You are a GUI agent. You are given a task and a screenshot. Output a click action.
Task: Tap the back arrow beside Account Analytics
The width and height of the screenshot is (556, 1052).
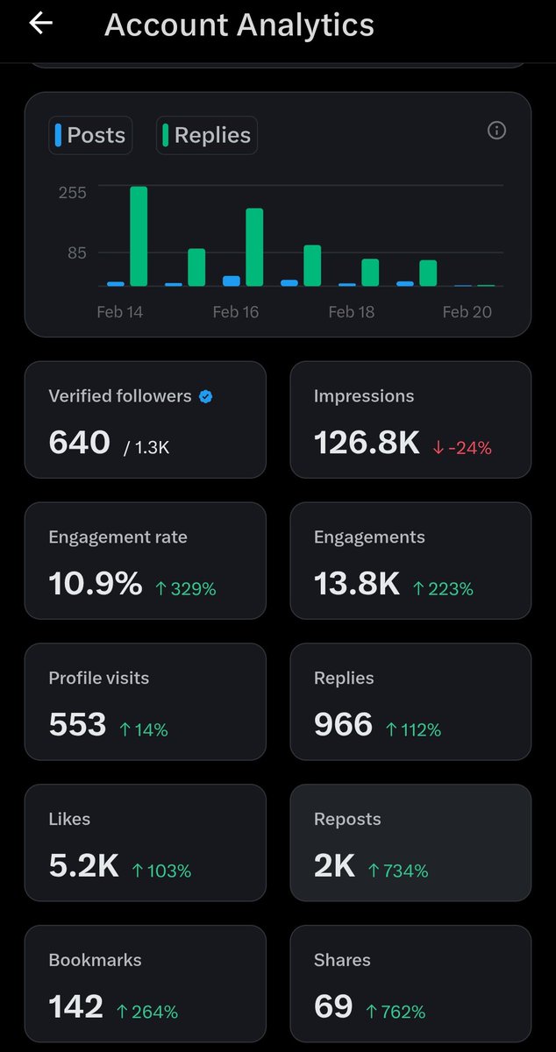pos(40,24)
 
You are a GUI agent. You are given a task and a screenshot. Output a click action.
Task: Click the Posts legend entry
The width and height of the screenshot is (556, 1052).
pos(90,135)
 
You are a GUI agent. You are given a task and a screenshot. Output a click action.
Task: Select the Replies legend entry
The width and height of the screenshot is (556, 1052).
pos(207,135)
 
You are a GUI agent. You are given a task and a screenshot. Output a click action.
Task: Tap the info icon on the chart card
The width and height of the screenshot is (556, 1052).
pos(496,131)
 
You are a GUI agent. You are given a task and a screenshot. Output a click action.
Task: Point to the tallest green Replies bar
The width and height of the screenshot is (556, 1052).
pos(139,236)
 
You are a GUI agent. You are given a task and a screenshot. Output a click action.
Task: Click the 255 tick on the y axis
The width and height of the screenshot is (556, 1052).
pos(73,192)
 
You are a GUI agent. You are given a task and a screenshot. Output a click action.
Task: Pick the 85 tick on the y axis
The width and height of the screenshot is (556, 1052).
pos(77,253)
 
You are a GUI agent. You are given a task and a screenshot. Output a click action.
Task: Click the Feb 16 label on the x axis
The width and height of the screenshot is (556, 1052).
pos(236,312)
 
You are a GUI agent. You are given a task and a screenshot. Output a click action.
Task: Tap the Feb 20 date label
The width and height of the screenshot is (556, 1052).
pos(467,312)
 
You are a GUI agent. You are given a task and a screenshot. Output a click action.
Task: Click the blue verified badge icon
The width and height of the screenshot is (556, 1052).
pos(205,396)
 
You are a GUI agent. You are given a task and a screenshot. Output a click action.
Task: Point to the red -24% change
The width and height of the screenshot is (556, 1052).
pos(462,447)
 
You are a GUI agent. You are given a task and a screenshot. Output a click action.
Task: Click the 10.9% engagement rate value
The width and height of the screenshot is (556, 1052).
pos(95,584)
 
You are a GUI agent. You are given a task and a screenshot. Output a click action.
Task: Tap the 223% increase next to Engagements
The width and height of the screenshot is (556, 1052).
pos(443,589)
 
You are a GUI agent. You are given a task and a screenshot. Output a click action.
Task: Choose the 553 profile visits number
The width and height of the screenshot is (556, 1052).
pos(77,725)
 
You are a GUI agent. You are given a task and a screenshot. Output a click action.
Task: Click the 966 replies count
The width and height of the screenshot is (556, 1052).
pos(343,725)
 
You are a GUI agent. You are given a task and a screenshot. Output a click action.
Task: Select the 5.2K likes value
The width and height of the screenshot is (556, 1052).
pos(83,866)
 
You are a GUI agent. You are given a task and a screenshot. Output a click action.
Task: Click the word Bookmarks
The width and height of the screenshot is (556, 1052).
pos(95,960)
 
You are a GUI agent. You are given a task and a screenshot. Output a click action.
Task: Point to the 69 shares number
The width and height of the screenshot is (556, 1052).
pos(333,1007)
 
